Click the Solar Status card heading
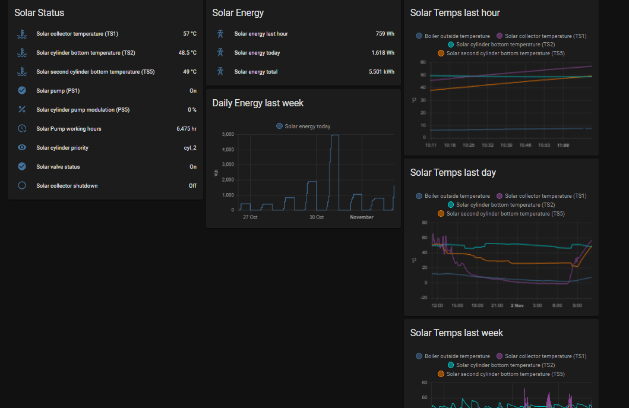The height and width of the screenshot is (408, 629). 39,12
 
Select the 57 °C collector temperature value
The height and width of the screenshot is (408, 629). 189,34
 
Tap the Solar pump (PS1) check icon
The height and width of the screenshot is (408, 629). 22,91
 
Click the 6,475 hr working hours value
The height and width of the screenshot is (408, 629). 186,129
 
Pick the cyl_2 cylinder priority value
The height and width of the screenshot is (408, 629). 190,148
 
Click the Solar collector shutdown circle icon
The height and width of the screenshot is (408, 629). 22,185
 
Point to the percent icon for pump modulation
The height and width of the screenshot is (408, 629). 22,110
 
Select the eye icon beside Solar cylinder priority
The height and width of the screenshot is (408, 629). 22,148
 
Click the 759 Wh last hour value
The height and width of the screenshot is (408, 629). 385,34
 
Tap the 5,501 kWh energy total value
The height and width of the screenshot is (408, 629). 381,72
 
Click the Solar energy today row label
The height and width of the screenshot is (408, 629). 257,53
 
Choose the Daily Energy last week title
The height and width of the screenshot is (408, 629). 258,103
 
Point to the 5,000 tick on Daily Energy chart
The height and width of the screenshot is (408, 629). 228,135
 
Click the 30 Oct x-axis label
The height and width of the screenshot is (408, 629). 316,217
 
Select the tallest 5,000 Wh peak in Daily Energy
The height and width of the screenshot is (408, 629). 335,135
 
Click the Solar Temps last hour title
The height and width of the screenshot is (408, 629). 455,12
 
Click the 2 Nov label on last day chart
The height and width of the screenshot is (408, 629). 516,305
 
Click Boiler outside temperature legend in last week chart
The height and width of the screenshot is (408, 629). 453,356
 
